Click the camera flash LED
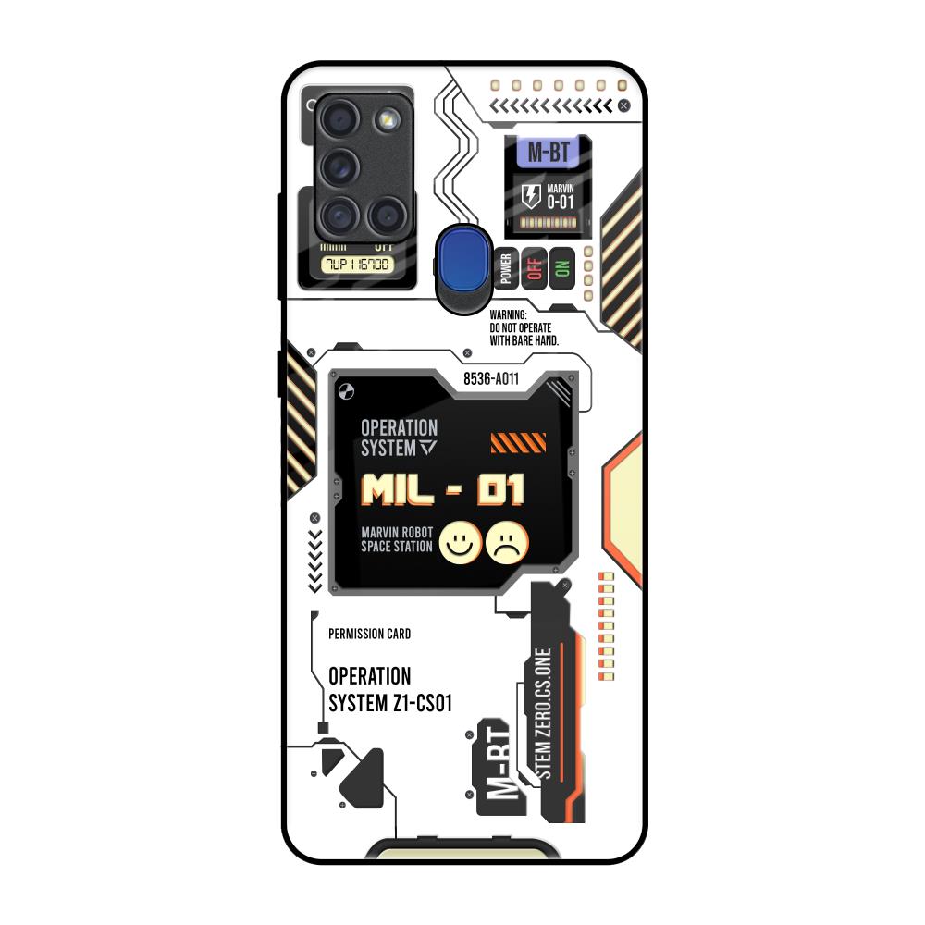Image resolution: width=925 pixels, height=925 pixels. point(386,117)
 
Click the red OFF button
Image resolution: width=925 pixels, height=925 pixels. point(534,268)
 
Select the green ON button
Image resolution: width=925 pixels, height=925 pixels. point(561,268)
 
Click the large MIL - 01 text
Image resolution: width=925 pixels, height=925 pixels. point(443,489)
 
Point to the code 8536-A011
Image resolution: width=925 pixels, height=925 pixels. point(490,377)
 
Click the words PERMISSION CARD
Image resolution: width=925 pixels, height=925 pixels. point(369,634)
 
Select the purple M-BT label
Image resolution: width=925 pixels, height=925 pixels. point(548,154)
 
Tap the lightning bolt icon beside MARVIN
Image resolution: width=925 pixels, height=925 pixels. point(530,195)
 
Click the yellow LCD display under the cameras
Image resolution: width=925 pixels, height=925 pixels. point(356,265)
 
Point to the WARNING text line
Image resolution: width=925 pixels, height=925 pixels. point(508,315)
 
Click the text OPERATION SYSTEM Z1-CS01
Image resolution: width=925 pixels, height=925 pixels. point(389,689)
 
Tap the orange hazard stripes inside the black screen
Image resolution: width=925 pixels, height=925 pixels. point(512,443)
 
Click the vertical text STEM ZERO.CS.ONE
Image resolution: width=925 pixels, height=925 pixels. point(544,712)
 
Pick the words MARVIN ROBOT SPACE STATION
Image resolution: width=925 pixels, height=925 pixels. point(397,539)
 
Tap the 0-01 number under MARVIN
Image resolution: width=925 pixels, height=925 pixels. point(561,202)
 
